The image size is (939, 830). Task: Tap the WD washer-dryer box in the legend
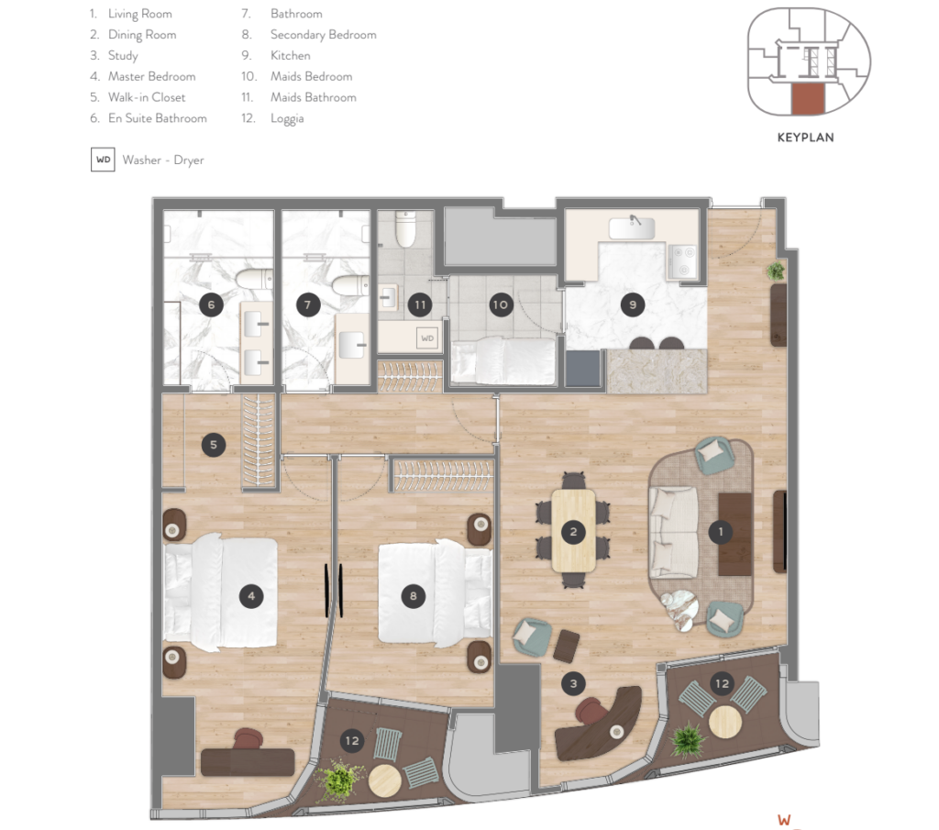(103, 160)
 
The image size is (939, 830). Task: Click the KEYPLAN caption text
(805, 138)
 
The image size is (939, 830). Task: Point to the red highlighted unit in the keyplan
(809, 99)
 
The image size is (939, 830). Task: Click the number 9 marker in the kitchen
(633, 304)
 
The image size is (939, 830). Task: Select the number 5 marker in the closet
(214, 445)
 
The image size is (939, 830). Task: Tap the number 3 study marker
(574, 683)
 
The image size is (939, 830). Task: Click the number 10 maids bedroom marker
(500, 304)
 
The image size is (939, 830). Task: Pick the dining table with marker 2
(574, 531)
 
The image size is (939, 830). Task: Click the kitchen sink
(632, 227)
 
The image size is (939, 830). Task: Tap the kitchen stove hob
(682, 261)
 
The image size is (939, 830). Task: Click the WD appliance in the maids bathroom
(427, 338)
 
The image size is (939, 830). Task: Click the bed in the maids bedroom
(503, 360)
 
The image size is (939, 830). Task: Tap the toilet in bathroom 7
(350, 285)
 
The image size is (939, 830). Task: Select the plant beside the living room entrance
(776, 271)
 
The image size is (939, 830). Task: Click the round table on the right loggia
(725, 722)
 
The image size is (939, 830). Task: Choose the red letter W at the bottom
(784, 820)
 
